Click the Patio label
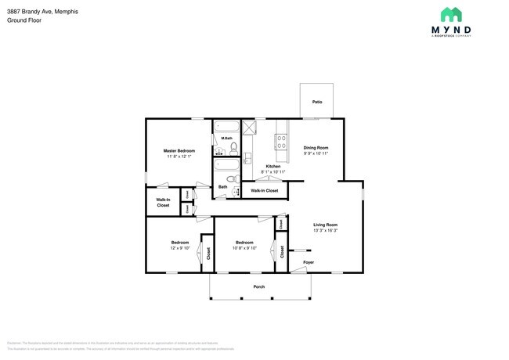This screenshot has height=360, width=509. [x=317, y=102]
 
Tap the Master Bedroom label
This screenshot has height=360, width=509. [x=179, y=150]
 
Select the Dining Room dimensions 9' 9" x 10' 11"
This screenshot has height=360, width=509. [x=316, y=153]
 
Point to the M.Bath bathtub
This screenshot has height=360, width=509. [x=229, y=128]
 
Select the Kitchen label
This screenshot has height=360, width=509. [x=273, y=166]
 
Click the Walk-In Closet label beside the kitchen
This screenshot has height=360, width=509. [x=264, y=190]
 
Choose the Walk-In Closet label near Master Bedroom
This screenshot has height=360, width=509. [x=163, y=202]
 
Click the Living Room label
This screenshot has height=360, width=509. [x=325, y=225]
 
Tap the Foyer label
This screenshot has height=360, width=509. [x=309, y=262]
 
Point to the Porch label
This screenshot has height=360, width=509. [x=258, y=286]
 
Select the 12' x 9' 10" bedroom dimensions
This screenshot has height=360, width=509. [x=180, y=249]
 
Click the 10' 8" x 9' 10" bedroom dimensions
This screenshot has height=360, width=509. [x=245, y=249]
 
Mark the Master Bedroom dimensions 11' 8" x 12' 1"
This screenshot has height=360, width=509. [x=179, y=157]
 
